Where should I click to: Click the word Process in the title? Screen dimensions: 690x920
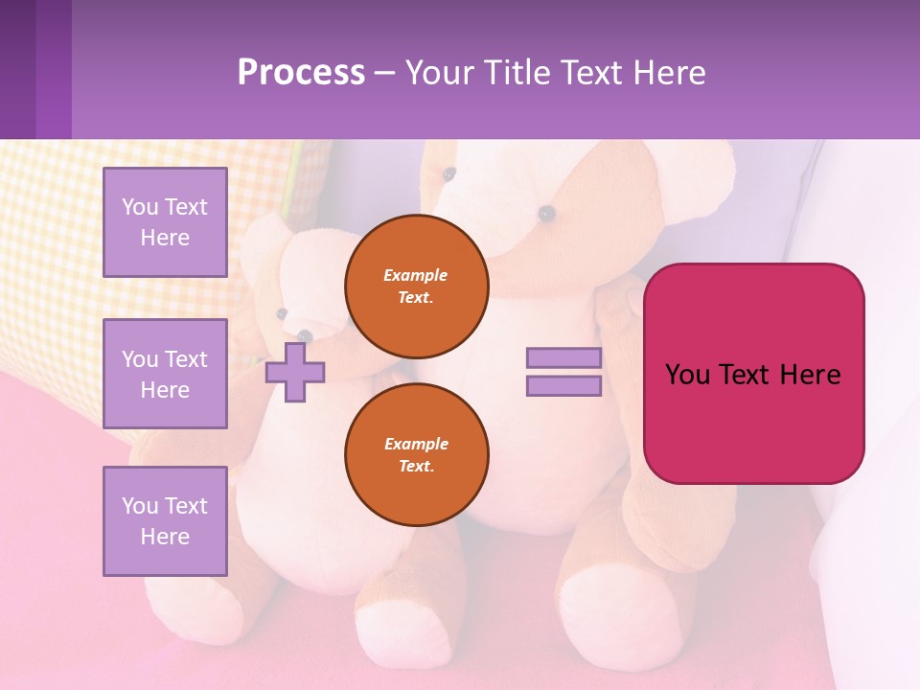tap(301, 73)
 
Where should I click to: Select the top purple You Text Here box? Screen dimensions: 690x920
tap(165, 222)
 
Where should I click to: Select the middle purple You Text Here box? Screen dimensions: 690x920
tap(165, 374)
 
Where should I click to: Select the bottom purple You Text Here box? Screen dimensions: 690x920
tap(165, 521)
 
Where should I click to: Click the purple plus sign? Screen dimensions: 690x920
tap(295, 372)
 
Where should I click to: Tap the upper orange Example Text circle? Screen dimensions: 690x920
tap(417, 287)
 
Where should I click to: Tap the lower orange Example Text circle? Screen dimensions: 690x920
tap(417, 455)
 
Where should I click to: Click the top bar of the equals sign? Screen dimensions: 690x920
tap(564, 357)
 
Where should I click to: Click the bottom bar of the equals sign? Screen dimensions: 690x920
tap(564, 386)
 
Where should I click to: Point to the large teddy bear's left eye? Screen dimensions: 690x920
tap(448, 174)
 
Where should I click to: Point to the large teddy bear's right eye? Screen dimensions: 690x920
tap(546, 213)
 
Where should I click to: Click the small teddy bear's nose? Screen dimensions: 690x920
tap(305, 335)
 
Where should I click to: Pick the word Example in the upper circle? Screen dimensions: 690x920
tap(416, 276)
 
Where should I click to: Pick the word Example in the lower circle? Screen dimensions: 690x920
tap(416, 445)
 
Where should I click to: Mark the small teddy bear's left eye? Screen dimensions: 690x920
tap(282, 313)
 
